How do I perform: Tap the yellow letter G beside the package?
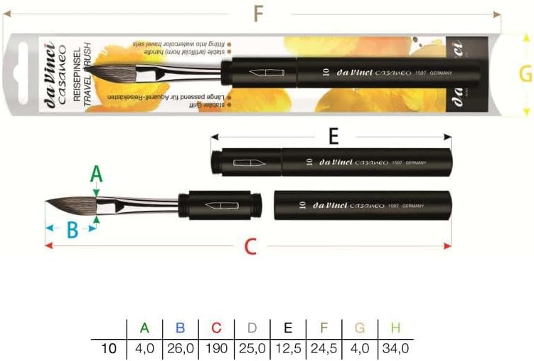pos(525,75)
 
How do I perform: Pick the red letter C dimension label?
pos(250,246)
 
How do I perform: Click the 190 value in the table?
pos(216,348)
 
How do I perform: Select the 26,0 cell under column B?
pos(180,348)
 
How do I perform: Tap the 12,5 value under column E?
pos(288,348)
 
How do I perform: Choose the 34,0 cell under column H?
pos(395,348)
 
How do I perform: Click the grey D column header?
pos(252,328)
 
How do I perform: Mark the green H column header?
pos(395,328)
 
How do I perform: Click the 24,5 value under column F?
pos(324,348)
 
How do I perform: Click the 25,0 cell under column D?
pos(252,348)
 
